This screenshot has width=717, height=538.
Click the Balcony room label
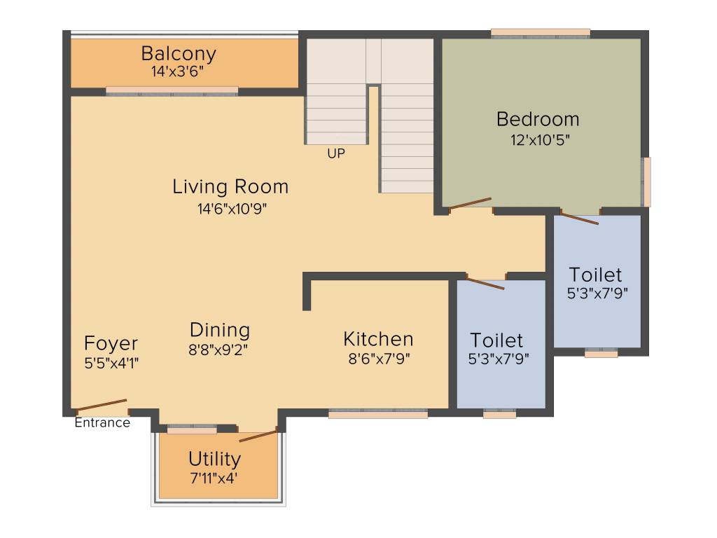click(x=179, y=53)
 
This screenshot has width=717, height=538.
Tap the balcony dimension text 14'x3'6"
click(x=178, y=71)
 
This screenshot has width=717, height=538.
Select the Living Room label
click(x=230, y=187)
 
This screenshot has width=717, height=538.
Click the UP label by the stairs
click(x=336, y=153)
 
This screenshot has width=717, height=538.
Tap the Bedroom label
click(x=538, y=119)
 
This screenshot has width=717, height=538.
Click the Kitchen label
click(x=378, y=339)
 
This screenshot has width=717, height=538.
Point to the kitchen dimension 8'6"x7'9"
click(x=378, y=359)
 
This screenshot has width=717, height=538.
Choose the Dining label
click(x=220, y=329)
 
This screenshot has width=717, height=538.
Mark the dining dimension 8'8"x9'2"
click(x=219, y=349)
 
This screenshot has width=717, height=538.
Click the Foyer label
click(x=111, y=344)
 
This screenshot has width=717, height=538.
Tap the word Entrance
click(x=102, y=422)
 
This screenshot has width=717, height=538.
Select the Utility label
click(x=214, y=459)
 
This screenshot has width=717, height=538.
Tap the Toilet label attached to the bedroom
click(x=595, y=274)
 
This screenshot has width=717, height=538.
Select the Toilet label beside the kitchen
click(x=496, y=340)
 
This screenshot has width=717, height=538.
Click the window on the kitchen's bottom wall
click(x=378, y=415)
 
